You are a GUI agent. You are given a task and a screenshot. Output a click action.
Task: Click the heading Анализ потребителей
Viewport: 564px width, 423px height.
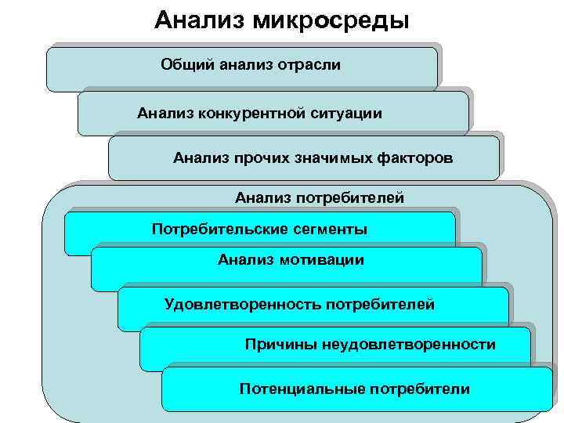320,197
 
